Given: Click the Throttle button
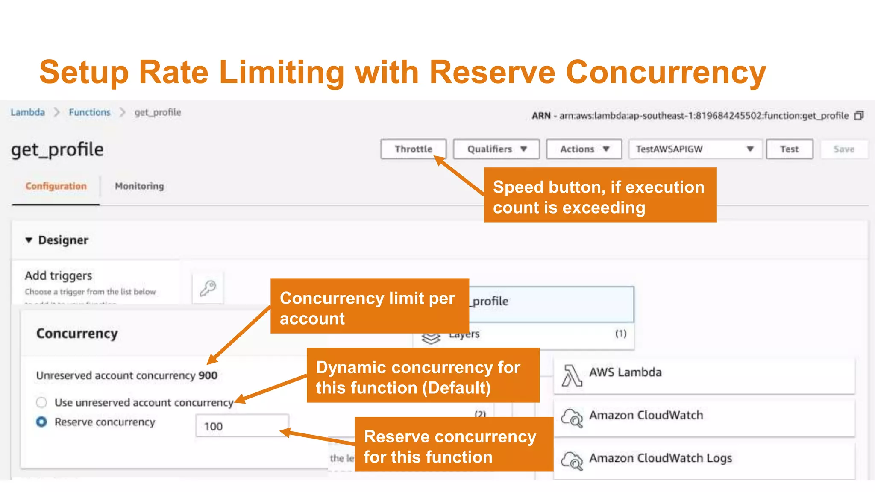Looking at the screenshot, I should [x=413, y=149].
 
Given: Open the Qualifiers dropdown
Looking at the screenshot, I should [x=496, y=149].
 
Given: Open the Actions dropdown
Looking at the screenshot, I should [x=584, y=149].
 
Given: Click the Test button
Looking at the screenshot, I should [x=789, y=149].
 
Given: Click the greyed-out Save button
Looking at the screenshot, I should [x=844, y=149].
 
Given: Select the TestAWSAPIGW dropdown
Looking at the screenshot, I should [x=695, y=149].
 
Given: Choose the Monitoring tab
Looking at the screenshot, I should [x=139, y=186].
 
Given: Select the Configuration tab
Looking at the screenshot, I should [x=56, y=186].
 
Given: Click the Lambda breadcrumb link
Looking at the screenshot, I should [x=28, y=112].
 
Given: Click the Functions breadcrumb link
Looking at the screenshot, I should [x=90, y=112].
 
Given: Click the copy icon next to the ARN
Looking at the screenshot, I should [x=859, y=116].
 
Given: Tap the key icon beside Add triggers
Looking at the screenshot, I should [x=208, y=288].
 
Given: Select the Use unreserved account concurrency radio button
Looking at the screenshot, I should [x=41, y=402].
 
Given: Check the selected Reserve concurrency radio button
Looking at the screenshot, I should [x=41, y=422].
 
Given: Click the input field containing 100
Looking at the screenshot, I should [x=242, y=426].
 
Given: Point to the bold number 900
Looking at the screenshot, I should [x=208, y=375].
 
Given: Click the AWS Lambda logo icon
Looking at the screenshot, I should [x=572, y=375].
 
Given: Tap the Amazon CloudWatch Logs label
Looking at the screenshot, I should [x=661, y=458].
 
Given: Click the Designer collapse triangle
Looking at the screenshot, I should [x=29, y=240].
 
